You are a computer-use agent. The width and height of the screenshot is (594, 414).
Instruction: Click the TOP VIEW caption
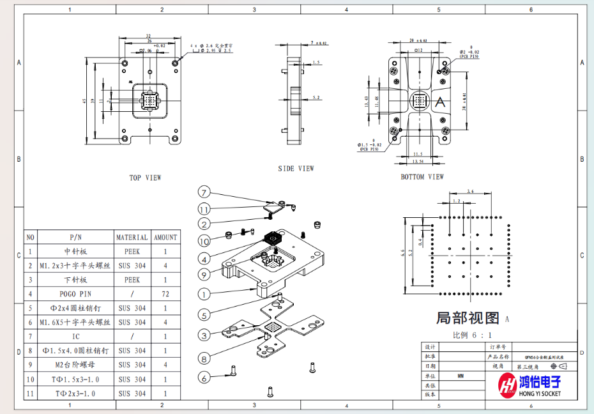tap(146, 178)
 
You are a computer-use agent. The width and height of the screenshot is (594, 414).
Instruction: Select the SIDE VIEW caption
tap(296, 169)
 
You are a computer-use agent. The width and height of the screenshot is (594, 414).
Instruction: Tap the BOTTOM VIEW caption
tap(422, 177)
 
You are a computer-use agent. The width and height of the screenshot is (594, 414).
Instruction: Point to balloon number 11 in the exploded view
tap(204, 209)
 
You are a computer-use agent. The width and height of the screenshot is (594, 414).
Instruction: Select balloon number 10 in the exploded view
tap(204, 241)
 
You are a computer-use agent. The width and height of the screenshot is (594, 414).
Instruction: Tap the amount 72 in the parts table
tap(165, 294)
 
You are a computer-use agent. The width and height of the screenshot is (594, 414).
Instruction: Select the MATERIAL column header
tap(132, 237)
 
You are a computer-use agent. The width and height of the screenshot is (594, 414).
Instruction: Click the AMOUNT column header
tap(165, 237)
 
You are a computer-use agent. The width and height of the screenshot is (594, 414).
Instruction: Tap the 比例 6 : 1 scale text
tap(473, 335)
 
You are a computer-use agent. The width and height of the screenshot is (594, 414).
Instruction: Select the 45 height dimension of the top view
tap(84, 101)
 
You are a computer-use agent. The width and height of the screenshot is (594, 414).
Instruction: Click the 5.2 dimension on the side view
tap(317, 98)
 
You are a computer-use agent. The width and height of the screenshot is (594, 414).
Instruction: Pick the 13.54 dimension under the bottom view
tap(418, 162)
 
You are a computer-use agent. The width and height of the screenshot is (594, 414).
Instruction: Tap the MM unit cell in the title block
tap(461, 376)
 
